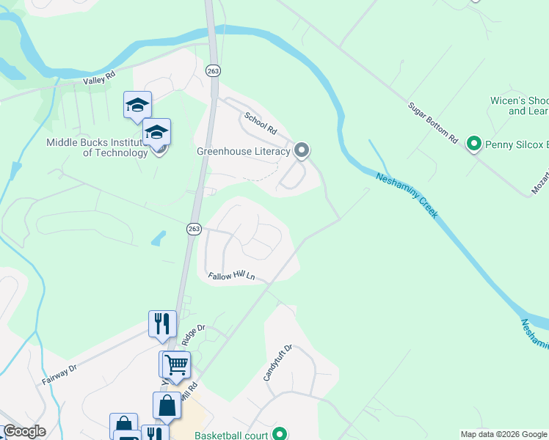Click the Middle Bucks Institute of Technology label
click(97, 148)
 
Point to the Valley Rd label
click(100, 76)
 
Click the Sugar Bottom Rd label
click(433, 122)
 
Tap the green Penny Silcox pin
click(474, 144)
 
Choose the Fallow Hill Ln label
click(230, 276)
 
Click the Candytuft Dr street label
click(278, 362)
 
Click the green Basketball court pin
click(279, 434)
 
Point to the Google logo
click(24, 431)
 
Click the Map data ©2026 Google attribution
click(503, 434)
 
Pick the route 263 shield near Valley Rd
click(214, 70)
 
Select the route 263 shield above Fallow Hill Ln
click(193, 229)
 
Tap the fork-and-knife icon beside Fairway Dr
click(162, 323)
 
